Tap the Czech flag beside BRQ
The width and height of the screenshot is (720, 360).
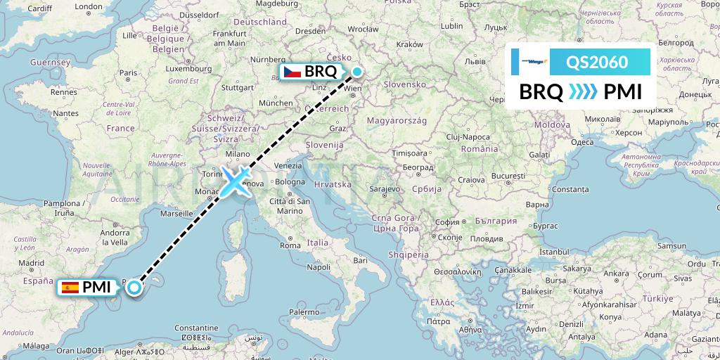click(x=292, y=72)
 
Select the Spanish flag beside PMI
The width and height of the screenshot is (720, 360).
click(x=70, y=287)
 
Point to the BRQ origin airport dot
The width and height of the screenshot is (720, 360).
click(x=358, y=71)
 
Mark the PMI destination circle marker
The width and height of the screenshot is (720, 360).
click(x=133, y=286)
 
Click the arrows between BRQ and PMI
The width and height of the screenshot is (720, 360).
click(x=583, y=92)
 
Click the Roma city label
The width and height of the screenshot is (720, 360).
click(x=290, y=245)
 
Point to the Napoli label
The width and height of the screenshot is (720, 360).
click(x=319, y=267)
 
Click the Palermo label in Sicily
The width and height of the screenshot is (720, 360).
click(x=303, y=311)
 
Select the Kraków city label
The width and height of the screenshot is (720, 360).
click(x=409, y=44)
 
